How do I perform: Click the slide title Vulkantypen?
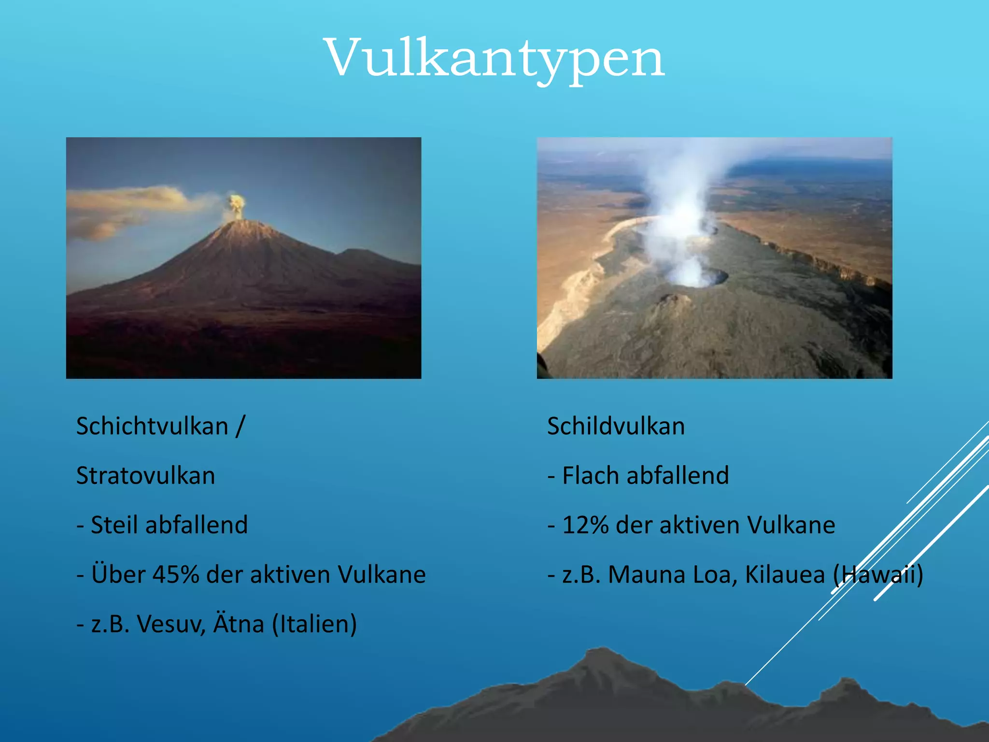tap(494, 58)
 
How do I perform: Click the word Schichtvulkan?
tap(152, 427)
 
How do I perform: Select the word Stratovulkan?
tap(145, 476)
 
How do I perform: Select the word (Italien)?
tap(314, 624)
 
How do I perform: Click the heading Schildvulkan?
tap(616, 427)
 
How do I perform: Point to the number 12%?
tap(585, 525)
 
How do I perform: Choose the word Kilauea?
tap(785, 575)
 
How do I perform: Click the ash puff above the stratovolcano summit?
tap(236, 205)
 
